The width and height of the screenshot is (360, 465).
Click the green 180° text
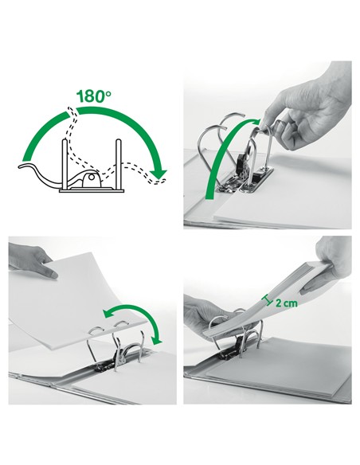click(x=94, y=96)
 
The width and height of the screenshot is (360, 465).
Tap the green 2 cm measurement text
click(x=286, y=303)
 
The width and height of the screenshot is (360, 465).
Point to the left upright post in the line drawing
click(x=65, y=164)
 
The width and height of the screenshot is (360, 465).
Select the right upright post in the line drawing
click(x=119, y=164)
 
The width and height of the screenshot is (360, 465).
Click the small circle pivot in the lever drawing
click(x=92, y=177)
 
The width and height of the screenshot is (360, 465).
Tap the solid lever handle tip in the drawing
click(x=22, y=166)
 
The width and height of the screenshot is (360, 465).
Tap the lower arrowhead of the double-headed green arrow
click(x=157, y=340)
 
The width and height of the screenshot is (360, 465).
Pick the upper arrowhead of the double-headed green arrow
click(x=108, y=314)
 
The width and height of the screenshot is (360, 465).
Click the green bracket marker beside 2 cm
click(x=268, y=300)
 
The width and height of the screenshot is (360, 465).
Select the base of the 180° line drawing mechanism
click(x=92, y=190)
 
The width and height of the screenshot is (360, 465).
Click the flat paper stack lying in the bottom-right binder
click(x=279, y=366)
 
